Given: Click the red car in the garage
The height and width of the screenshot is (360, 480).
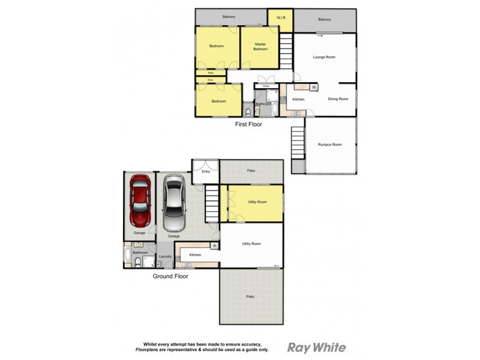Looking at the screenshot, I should (x=139, y=202).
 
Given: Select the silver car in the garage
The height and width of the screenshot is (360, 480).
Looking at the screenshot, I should (x=173, y=203).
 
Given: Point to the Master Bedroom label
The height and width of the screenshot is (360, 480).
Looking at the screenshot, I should (x=260, y=46).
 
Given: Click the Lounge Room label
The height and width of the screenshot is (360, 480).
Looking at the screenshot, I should (x=324, y=57).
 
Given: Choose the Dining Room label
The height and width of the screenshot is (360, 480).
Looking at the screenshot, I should (x=338, y=99).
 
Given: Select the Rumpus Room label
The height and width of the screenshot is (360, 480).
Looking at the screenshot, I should (x=329, y=145).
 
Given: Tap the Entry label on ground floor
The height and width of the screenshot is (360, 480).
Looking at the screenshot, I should (x=206, y=172).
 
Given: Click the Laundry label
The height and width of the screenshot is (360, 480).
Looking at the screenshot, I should (x=166, y=257).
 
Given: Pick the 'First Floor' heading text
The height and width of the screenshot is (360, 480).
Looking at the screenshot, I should (x=248, y=125).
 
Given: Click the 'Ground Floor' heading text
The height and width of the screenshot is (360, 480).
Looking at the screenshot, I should (x=170, y=277).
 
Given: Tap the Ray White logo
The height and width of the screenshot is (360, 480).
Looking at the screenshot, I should (x=317, y=347).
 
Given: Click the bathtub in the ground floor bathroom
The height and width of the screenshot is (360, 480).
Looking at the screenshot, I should (x=127, y=256).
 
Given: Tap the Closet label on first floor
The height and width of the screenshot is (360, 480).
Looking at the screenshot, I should (x=266, y=86).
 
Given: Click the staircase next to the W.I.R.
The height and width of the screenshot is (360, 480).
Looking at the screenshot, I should (x=286, y=51).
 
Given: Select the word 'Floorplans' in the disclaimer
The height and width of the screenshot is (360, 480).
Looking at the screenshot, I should (x=148, y=349).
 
